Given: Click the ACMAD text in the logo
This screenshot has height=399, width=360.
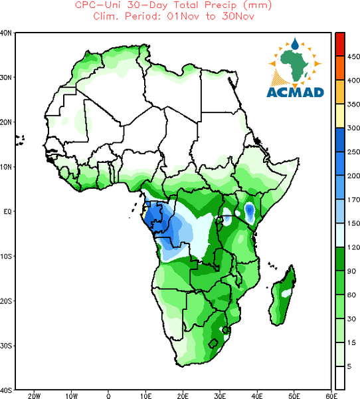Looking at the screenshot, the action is coord(295,92).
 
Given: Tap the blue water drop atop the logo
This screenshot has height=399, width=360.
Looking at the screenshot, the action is coord(295,44).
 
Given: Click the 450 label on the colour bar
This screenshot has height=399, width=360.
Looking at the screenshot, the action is coord(353,57).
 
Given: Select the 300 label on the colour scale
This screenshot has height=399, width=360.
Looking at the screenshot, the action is coord(353,128).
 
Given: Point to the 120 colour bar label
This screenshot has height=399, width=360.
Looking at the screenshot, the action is coord(353,247).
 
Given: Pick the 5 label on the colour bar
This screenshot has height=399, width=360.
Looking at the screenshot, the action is coord(349,366).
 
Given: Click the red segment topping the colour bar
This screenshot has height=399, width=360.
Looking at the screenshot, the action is coord(340,45).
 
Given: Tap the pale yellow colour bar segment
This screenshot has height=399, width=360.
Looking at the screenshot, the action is coord(340,116).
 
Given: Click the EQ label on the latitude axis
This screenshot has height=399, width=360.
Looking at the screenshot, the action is coord(7,211).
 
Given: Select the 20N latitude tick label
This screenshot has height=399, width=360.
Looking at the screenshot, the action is coord(6,122).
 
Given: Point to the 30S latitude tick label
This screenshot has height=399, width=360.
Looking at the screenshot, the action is coord(6,346).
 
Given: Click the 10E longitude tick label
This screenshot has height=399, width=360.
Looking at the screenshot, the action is coord(145,396).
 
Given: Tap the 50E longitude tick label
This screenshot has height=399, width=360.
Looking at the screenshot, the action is coord(294,396).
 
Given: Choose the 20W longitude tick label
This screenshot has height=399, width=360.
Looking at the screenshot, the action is coord(34,396).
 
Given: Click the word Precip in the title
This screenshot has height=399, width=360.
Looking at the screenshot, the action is coord(221,5).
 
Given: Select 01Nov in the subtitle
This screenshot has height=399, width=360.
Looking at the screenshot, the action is coord(183,17).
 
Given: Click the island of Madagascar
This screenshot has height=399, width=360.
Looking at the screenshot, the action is coord(282,296).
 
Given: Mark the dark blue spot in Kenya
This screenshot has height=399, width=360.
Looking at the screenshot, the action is coord(250,210).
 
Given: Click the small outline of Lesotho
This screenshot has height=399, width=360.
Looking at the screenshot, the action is coord(213,343).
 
